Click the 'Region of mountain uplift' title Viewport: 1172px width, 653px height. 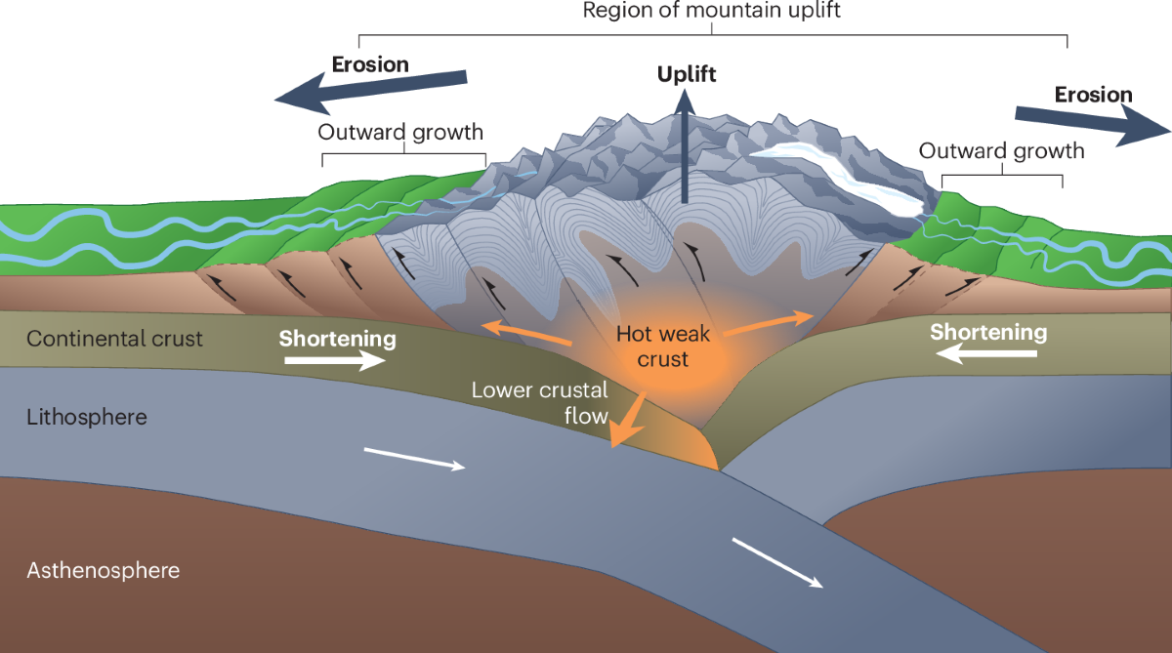click(711, 12)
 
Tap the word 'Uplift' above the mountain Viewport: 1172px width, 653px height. click(687, 75)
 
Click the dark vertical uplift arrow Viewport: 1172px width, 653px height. click(686, 146)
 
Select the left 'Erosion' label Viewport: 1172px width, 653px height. click(370, 65)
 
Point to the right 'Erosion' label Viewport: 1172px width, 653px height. click(1093, 95)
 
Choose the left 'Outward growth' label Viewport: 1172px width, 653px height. click(400, 132)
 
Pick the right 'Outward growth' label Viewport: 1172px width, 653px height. click(1002, 151)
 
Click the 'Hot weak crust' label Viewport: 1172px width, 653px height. click(663, 347)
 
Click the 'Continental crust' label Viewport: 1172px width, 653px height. click(115, 340)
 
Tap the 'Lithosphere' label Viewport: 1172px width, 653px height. click(87, 417)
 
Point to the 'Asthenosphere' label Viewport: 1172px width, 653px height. click(104, 570)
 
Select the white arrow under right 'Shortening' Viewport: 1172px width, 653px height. click(986, 355)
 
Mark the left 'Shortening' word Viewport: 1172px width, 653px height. click(338, 340)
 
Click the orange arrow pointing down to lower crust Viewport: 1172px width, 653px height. click(625, 420)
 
